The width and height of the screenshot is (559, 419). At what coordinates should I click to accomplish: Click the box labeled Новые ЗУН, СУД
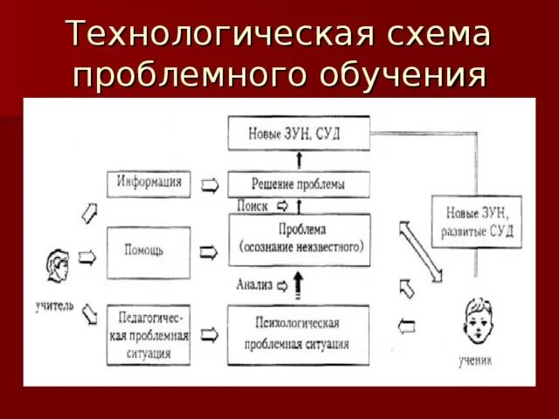point(300,134)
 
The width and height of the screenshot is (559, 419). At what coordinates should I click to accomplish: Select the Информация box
point(148,183)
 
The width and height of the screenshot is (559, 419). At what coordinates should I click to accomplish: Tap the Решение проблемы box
point(300,184)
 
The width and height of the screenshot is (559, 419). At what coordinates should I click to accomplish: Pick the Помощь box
point(148,251)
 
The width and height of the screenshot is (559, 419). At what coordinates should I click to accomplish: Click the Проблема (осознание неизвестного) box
point(300,239)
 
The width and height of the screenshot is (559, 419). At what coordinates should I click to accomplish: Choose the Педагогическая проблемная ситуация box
point(148,334)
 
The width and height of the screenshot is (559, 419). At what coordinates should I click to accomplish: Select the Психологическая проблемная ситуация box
point(300,335)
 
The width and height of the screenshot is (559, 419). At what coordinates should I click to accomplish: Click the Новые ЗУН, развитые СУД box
point(477,221)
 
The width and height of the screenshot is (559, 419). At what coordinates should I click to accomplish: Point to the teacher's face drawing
point(59,267)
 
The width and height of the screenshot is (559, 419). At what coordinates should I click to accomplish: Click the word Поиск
point(252,206)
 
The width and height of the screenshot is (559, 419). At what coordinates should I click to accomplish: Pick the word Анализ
point(255,285)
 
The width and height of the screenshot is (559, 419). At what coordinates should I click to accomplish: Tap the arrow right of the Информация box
point(210,184)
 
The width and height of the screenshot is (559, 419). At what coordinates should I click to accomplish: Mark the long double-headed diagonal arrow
point(421,251)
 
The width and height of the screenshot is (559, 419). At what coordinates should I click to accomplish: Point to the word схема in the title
point(435,35)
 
